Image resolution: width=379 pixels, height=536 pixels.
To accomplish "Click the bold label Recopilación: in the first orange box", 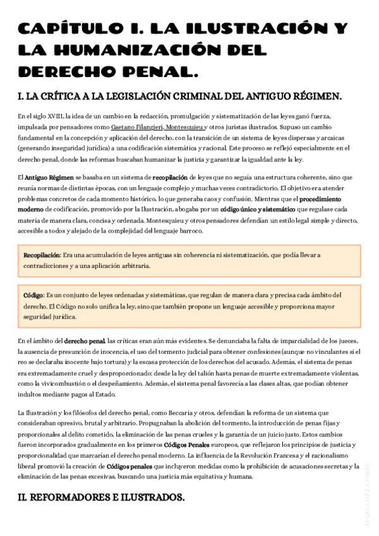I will coord(42,255).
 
